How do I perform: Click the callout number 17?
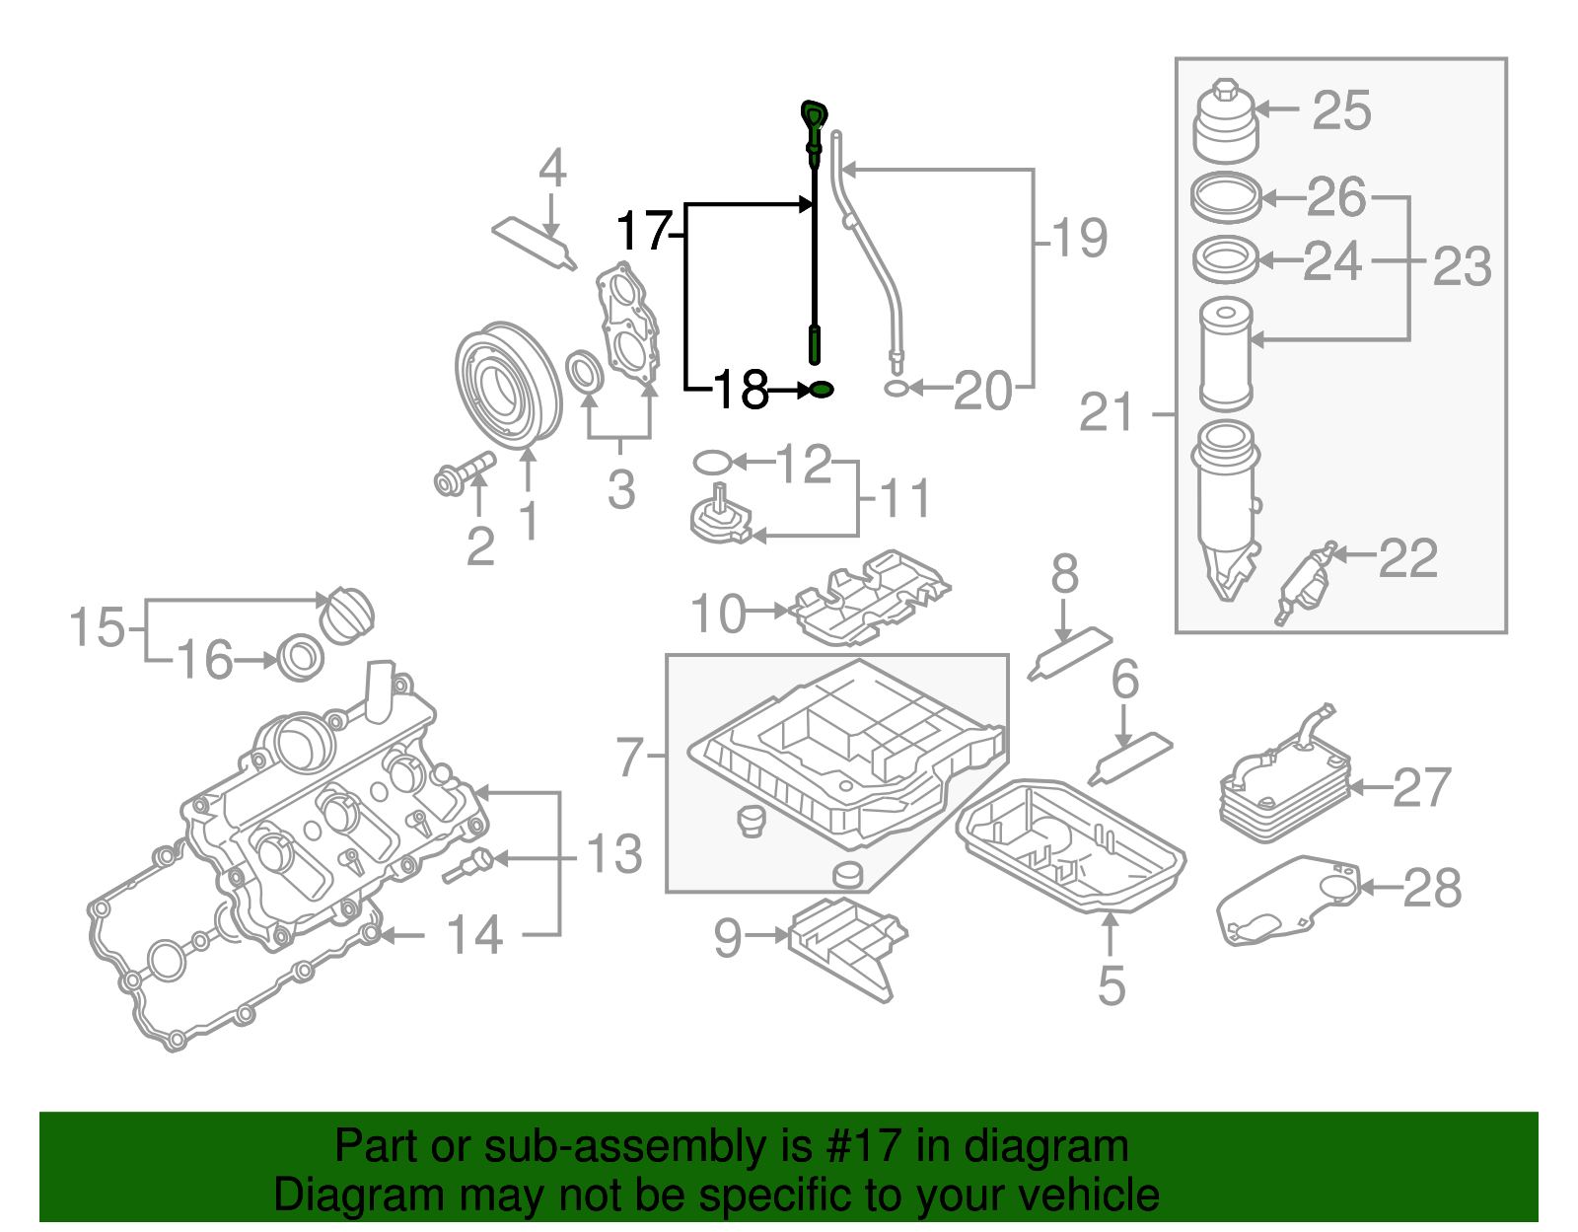click(643, 233)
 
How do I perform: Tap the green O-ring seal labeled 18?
click(821, 391)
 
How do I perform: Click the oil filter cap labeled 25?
click(1226, 123)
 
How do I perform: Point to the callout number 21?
click(1107, 412)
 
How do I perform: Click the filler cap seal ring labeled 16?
click(301, 658)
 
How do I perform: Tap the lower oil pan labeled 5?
click(1070, 848)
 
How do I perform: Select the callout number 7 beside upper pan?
click(629, 758)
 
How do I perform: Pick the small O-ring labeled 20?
click(896, 389)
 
